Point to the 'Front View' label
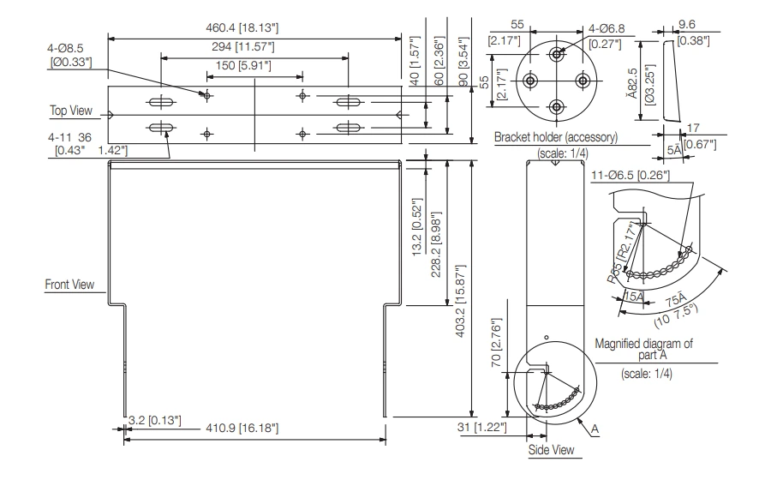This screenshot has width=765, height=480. point(70,285)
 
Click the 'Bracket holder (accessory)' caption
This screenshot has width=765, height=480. point(554,138)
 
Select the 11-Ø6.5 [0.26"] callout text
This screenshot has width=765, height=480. point(631,176)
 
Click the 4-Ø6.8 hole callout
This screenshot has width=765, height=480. point(605,28)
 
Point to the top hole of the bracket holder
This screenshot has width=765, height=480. point(558,54)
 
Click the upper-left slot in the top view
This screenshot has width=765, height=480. point(160,103)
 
